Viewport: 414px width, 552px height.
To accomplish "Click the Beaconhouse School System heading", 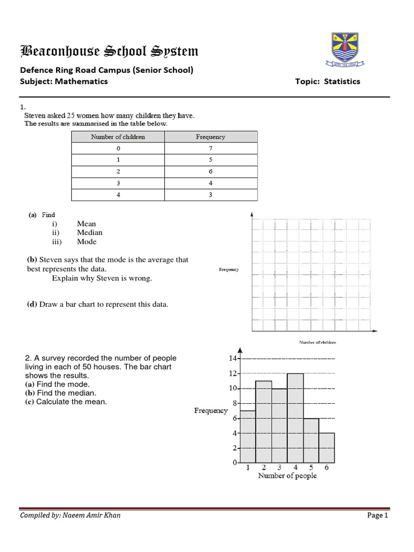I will click(x=109, y=52).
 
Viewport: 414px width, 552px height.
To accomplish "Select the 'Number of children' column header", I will click(x=118, y=137).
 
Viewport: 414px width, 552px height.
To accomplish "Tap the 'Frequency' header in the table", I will click(x=210, y=137).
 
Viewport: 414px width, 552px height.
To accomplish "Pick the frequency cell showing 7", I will click(x=210, y=148).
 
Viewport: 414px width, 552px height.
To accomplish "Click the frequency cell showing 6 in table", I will click(x=210, y=171).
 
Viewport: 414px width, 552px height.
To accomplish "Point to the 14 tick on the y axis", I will click(x=233, y=358).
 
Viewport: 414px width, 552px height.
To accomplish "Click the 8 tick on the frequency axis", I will click(x=234, y=403).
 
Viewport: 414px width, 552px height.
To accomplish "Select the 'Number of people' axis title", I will click(x=287, y=476).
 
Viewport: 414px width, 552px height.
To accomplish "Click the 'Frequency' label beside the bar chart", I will click(x=211, y=411).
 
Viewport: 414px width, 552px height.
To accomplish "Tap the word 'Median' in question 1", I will click(x=89, y=233).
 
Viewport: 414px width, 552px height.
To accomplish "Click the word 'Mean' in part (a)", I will click(x=86, y=224).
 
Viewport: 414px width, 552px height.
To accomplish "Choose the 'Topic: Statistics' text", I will click(x=328, y=81).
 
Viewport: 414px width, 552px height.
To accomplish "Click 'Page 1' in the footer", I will click(x=377, y=515).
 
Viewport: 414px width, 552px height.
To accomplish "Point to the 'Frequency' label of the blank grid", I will click(x=229, y=270).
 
